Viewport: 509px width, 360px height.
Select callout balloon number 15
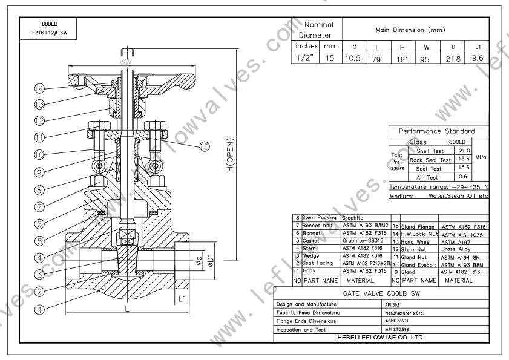(x=205, y=146)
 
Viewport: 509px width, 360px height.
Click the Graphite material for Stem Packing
(x=355, y=217)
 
